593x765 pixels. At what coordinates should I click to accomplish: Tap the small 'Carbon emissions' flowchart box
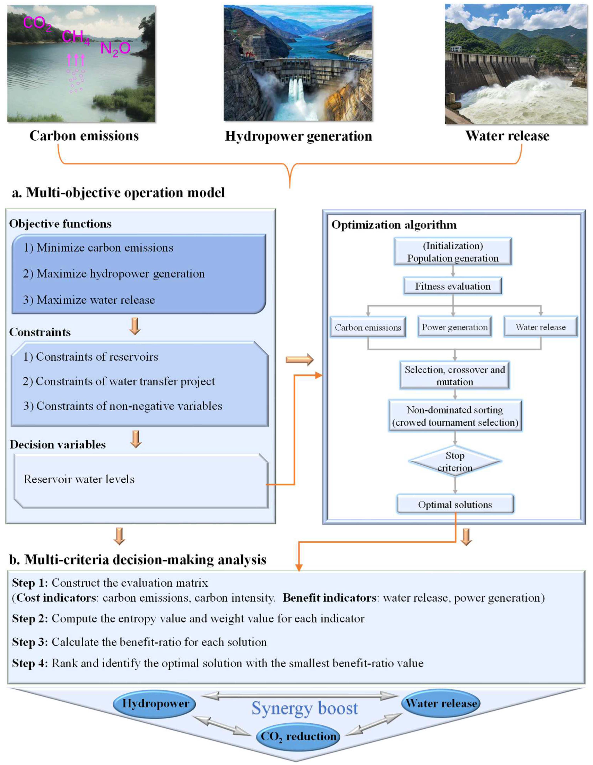tap(368, 327)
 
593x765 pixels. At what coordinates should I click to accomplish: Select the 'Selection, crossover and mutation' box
tap(454, 376)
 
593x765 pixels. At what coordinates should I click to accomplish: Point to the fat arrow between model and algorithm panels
tap(299, 359)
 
